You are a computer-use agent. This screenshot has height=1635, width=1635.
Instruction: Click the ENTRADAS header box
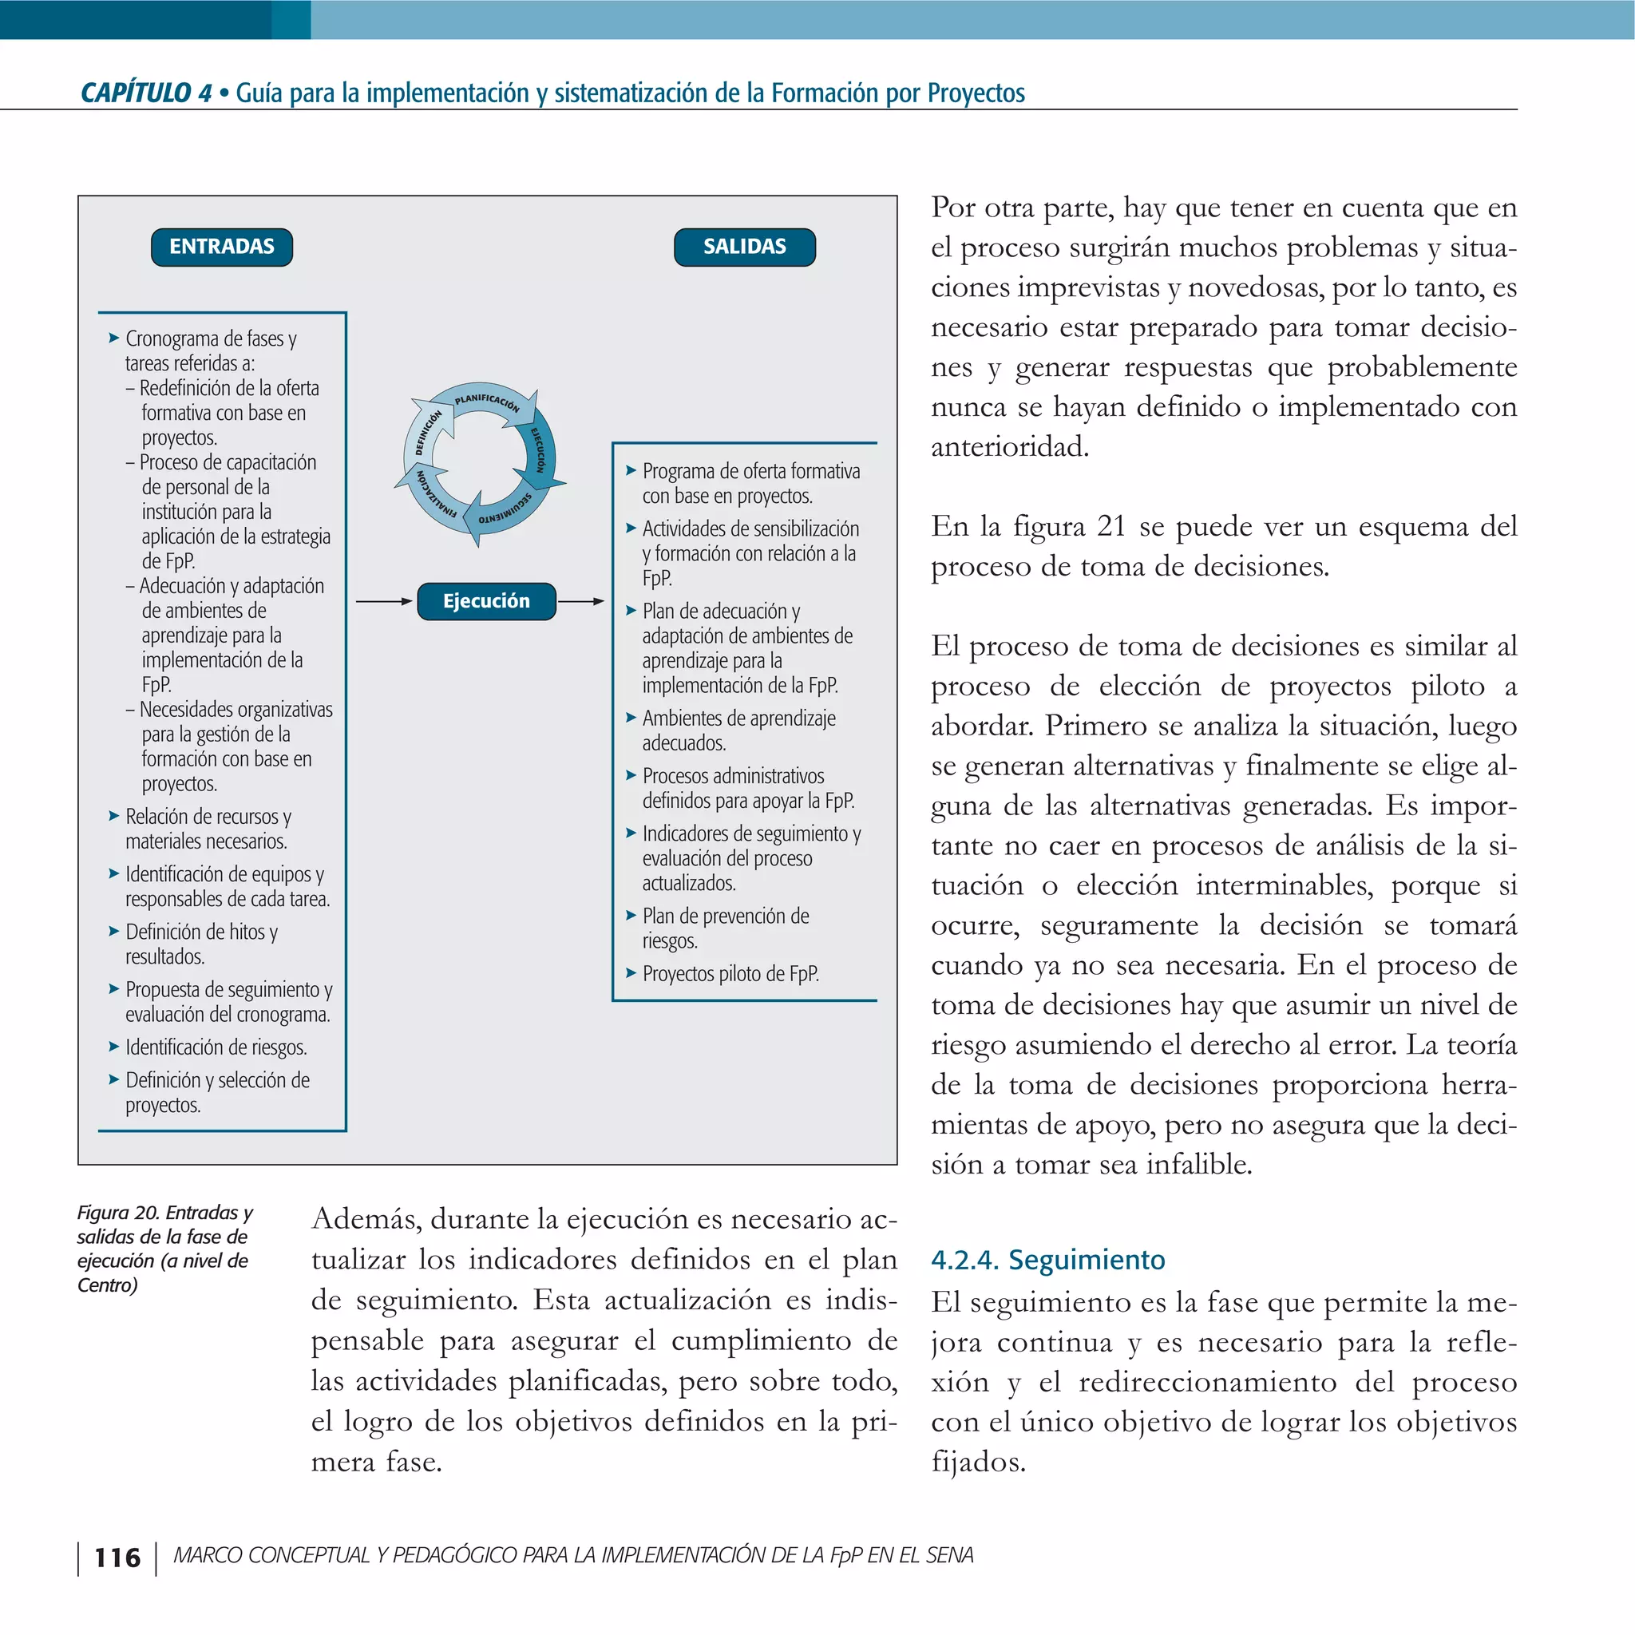coord(222,247)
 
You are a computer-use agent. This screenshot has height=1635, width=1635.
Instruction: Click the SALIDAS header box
coord(745,247)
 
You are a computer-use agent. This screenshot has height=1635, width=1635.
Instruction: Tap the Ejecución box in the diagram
coord(487,602)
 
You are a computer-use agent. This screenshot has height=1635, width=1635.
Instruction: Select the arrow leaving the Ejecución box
coord(581,602)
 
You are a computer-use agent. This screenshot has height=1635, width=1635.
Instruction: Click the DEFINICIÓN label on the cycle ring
coord(428,433)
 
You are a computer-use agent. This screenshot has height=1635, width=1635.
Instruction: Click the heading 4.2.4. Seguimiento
coord(1047,1260)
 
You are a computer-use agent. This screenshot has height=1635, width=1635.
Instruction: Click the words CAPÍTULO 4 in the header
coord(145,93)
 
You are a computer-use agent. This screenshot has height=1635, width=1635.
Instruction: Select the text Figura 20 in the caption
coord(117,1213)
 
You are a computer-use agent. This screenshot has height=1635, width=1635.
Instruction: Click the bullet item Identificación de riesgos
coord(216,1047)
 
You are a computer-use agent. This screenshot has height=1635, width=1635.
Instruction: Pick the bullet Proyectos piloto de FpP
coord(730,974)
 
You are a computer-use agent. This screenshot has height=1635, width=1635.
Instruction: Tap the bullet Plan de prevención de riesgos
coord(725,928)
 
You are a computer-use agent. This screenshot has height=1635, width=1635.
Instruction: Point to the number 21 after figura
coord(1110,526)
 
